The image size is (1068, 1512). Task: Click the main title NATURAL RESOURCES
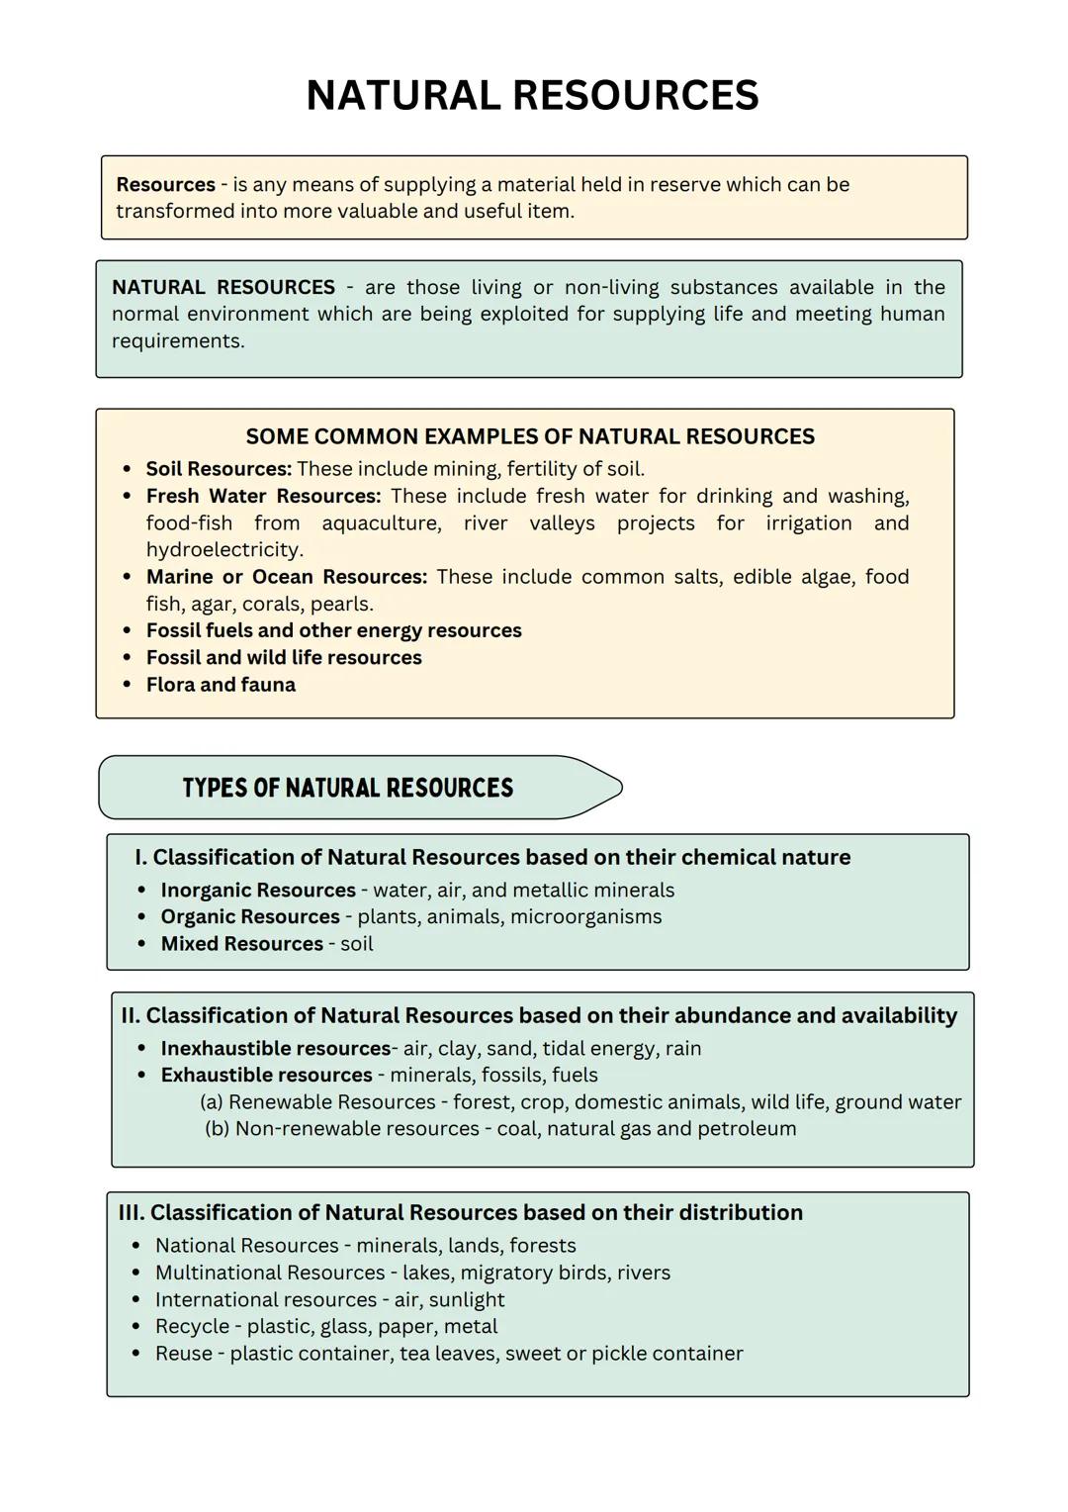point(532,96)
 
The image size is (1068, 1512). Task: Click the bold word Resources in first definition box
point(165,185)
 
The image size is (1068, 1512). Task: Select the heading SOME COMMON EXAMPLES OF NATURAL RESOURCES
point(530,436)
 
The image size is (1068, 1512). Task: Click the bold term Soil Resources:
point(219,469)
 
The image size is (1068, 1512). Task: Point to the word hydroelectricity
point(223,550)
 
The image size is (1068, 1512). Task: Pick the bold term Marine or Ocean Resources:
point(286,577)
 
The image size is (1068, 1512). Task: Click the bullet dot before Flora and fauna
point(127,685)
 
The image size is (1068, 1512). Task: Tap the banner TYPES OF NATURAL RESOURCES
point(348,789)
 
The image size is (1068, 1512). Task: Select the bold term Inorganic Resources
point(257,891)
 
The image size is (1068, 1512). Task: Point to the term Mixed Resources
point(241,944)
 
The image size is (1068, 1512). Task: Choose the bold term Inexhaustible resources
point(275,1049)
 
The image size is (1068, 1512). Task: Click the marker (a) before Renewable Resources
point(211,1102)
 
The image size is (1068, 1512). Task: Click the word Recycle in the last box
point(192,1327)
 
